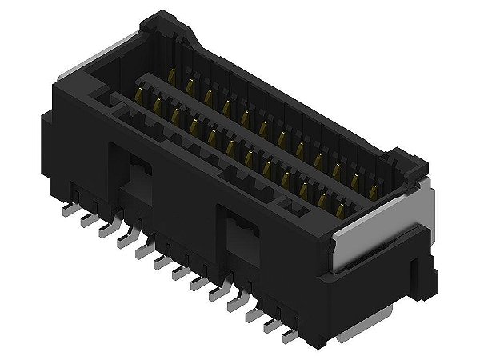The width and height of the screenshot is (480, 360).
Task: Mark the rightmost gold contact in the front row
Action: click(344, 210)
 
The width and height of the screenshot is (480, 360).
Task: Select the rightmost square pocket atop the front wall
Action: click(294, 210)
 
